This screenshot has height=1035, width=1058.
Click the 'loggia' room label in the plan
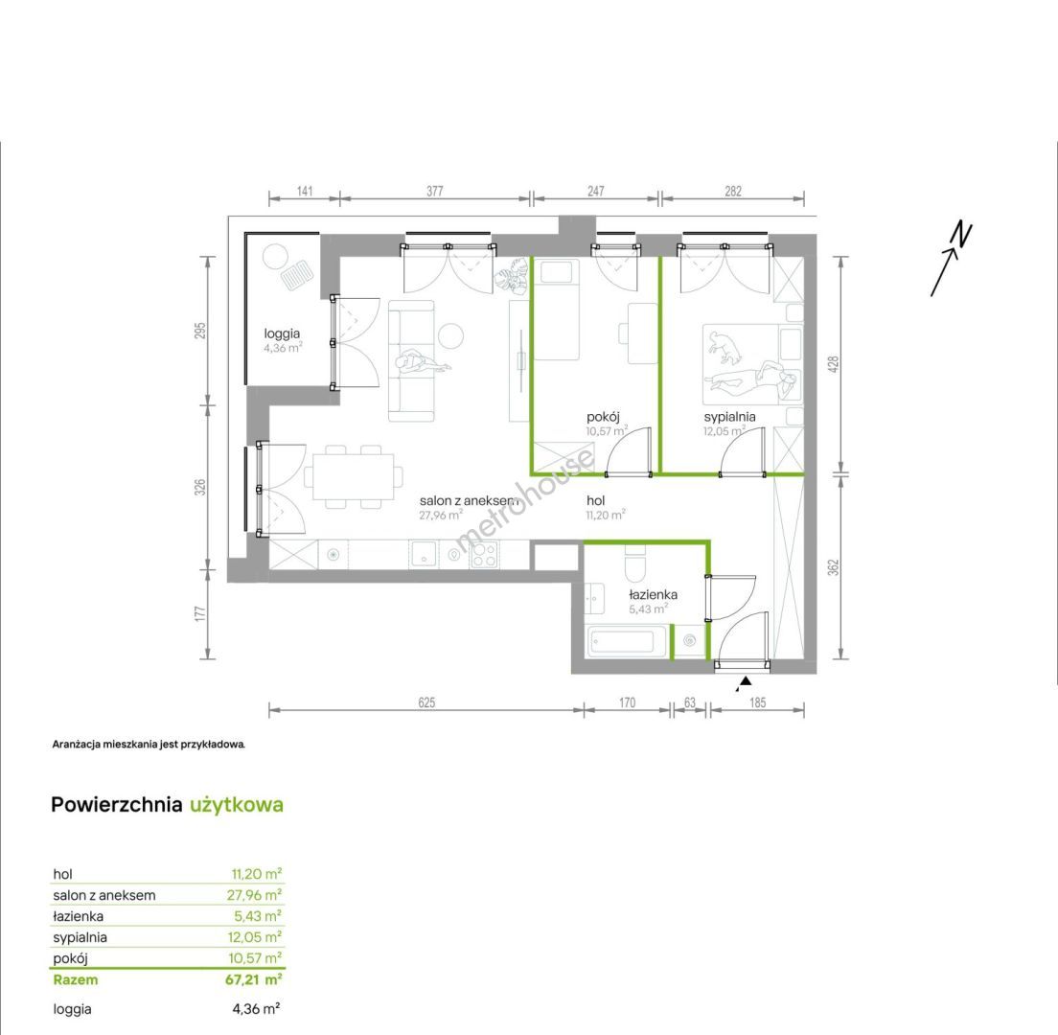(282, 333)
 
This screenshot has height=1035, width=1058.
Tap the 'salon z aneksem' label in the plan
(469, 500)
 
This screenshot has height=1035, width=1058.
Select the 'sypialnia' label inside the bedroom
(729, 416)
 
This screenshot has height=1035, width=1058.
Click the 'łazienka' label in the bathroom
(654, 594)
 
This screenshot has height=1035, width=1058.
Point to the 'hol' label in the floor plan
(596, 500)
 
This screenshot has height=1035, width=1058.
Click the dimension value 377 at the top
(435, 191)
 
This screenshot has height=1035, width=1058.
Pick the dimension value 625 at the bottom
(426, 702)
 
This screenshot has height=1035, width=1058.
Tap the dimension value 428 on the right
(834, 365)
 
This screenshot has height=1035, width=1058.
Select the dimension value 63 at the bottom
(690, 702)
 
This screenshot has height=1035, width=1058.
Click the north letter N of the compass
(961, 234)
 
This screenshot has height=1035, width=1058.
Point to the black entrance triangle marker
(745, 682)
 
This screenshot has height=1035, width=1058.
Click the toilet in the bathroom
(635, 564)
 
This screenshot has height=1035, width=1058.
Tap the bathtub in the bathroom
(629, 642)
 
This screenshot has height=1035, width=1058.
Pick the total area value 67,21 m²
(254, 979)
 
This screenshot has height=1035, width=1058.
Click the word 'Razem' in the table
(76, 979)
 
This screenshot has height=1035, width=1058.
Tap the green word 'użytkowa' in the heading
(236, 805)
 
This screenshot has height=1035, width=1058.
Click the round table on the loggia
(276, 257)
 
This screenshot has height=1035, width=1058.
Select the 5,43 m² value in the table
(257, 915)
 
